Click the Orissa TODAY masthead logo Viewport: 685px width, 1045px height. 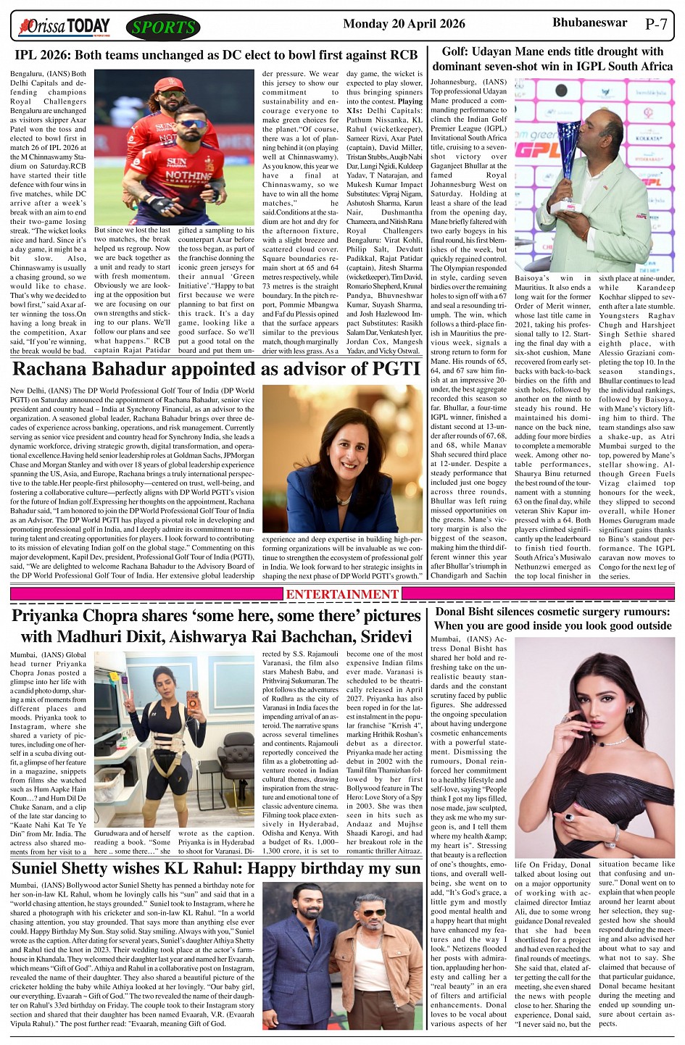click(x=65, y=27)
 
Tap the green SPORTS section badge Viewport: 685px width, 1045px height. click(x=163, y=28)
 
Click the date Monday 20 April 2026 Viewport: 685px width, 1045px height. click(x=404, y=24)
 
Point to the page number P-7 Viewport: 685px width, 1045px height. click(x=656, y=24)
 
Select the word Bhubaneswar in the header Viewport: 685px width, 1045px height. click(x=589, y=22)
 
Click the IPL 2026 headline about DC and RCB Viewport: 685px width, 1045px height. click(x=216, y=55)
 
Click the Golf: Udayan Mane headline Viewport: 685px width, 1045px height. click(x=552, y=59)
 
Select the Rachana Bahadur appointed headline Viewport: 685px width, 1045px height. click(x=216, y=369)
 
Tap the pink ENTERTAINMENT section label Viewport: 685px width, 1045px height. click(x=342, y=594)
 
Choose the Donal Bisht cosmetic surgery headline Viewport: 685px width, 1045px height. click(x=552, y=618)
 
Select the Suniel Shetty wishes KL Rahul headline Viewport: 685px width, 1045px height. click(x=216, y=868)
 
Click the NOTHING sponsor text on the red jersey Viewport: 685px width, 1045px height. click(x=188, y=175)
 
